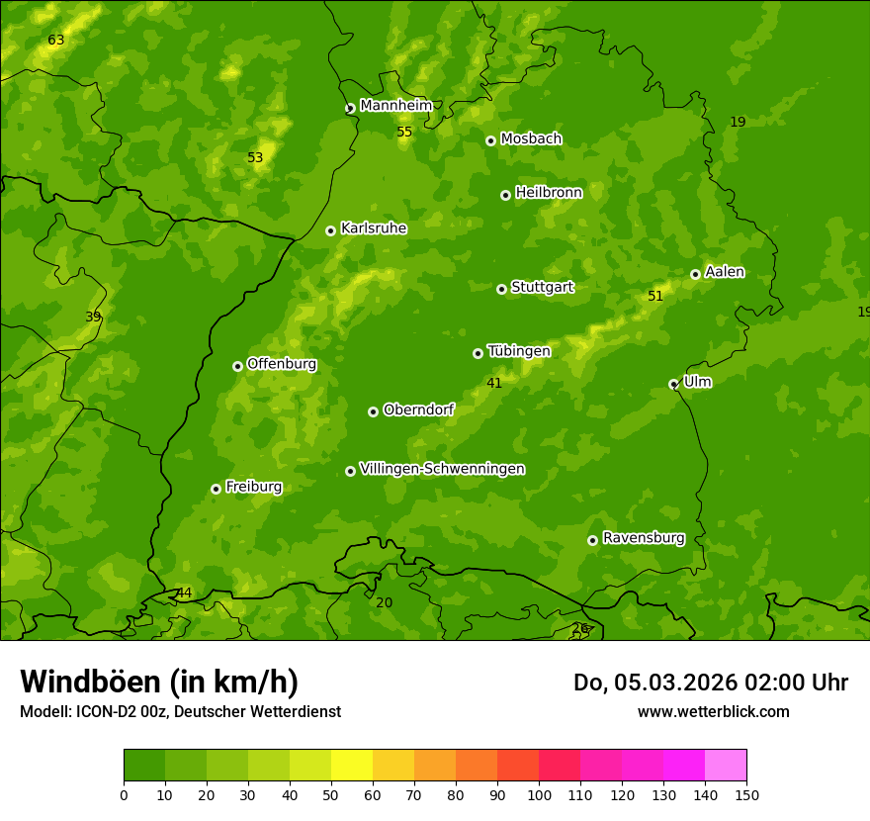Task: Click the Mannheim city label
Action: [395, 105]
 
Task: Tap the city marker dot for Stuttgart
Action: [501, 289]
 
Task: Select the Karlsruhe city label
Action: [373, 228]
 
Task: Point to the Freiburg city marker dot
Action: [216, 489]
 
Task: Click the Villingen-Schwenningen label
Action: [442, 469]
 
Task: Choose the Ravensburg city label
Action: [643, 538]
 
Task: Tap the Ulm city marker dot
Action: [673, 384]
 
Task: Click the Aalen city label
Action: [724, 272]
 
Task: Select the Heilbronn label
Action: [549, 192]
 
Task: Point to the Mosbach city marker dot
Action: [490, 140]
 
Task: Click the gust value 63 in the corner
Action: [56, 41]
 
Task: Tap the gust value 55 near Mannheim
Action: [404, 133]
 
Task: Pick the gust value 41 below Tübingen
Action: [494, 383]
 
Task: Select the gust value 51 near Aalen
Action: [655, 296]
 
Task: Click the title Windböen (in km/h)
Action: [159, 682]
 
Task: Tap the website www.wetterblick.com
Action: [713, 711]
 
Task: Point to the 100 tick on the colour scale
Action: [539, 794]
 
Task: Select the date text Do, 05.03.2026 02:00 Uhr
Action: [710, 683]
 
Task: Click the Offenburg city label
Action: [282, 364]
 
